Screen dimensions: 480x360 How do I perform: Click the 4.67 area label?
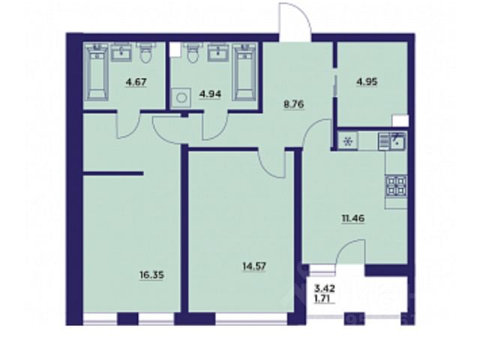click(x=136, y=82)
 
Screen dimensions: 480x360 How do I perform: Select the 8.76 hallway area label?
click(x=293, y=104)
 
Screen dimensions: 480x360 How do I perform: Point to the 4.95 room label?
click(x=367, y=82)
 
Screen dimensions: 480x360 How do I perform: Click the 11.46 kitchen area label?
click(x=353, y=218)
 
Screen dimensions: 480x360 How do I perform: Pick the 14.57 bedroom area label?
click(x=254, y=266)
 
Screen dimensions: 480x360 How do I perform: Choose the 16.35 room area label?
click(x=151, y=275)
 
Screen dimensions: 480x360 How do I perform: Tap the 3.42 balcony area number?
click(x=325, y=288)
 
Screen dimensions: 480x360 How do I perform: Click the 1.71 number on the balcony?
click(x=325, y=297)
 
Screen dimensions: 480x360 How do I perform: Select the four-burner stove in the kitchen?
click(x=397, y=186)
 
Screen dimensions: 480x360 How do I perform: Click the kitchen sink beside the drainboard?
click(x=399, y=142)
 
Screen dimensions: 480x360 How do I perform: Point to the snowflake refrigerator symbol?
click(x=347, y=142)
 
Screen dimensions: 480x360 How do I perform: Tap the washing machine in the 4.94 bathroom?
click(x=181, y=97)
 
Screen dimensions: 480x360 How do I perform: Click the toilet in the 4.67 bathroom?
click(x=145, y=52)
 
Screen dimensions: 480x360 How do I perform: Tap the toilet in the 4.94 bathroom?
click(x=192, y=52)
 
